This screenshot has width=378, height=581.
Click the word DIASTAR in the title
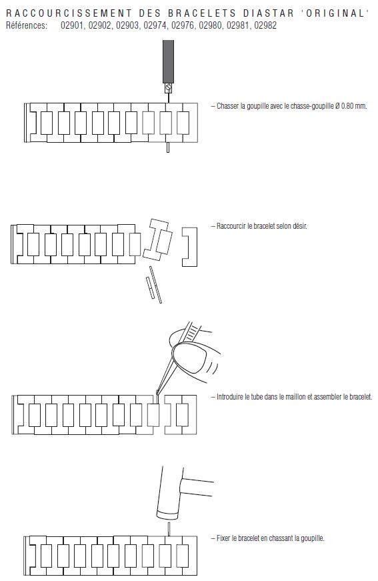(x=269, y=13)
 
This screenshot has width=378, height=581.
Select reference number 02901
(x=72, y=25)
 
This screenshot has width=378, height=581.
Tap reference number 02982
(x=265, y=25)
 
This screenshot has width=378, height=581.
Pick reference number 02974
(x=155, y=25)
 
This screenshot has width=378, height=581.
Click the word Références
(x=27, y=25)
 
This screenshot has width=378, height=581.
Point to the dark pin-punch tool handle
(x=169, y=61)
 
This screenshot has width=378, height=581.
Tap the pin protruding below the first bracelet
(x=168, y=147)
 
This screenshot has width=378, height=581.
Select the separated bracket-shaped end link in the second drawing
(x=189, y=247)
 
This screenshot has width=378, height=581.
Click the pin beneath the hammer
(x=169, y=529)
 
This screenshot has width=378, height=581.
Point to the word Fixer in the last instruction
(x=223, y=538)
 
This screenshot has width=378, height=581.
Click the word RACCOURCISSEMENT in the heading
(x=69, y=13)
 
